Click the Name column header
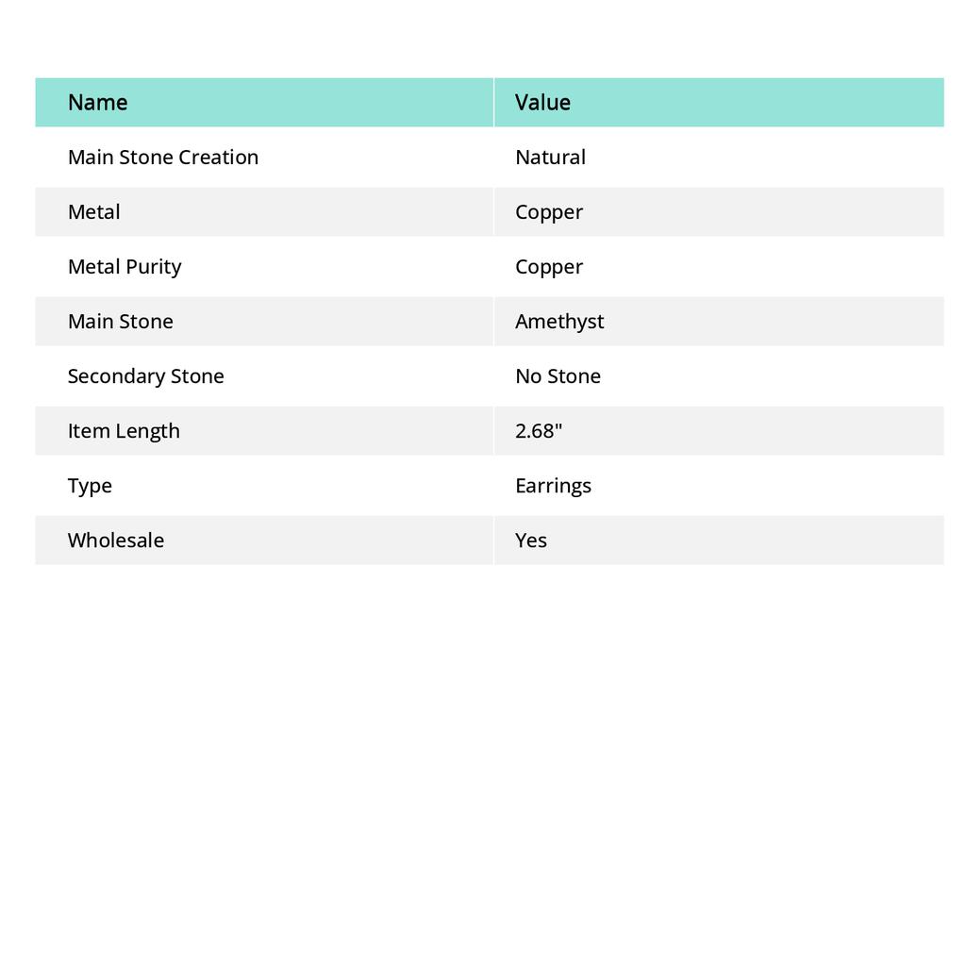point(97,102)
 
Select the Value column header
point(542,102)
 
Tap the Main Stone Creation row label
point(162,157)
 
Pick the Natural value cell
point(550,157)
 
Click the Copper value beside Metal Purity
point(549,266)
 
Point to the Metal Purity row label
point(125,266)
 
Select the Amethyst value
point(559,321)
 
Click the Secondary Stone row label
point(145,375)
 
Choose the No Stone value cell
point(558,375)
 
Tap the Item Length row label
point(124,430)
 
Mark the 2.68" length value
point(539,430)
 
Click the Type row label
point(90,485)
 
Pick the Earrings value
point(553,485)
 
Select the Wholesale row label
point(115,540)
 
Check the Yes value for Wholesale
point(531,540)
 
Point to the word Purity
point(154,266)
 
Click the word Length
point(148,430)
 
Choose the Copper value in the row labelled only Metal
point(549,211)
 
